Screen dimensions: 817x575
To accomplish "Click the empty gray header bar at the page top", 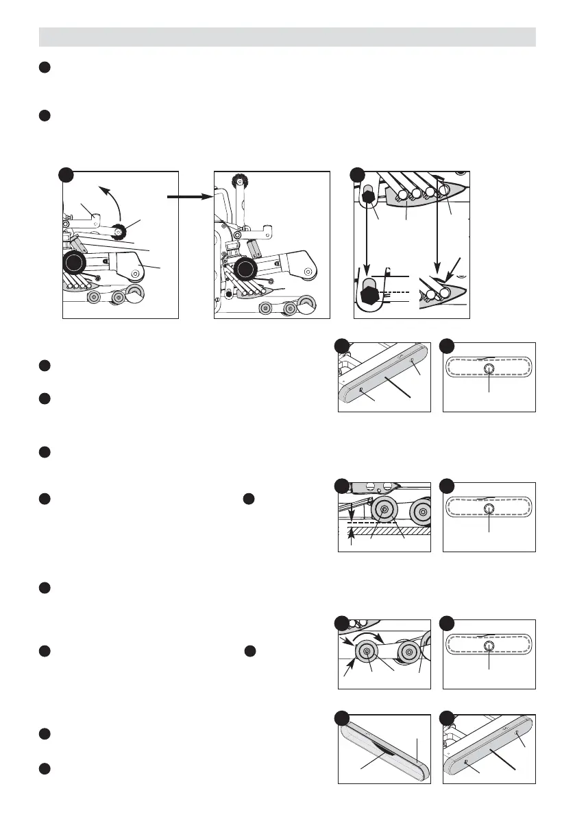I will click(x=287, y=36).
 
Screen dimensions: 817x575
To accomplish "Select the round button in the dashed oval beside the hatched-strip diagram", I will click(x=489, y=510).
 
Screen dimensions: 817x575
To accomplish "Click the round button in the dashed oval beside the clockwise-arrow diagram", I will click(x=489, y=647).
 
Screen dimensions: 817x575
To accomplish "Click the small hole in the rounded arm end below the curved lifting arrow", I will click(x=135, y=274).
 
